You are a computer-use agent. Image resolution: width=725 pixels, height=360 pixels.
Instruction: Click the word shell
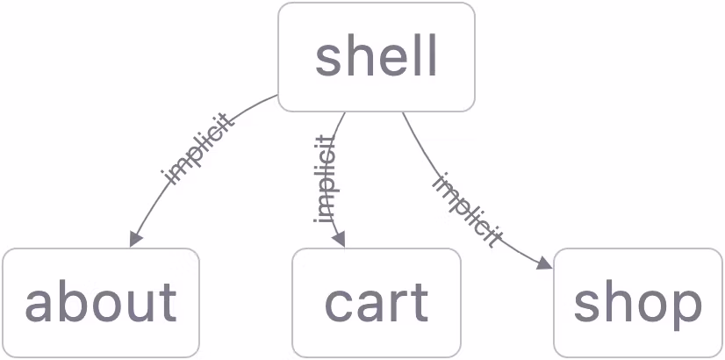pyautogui.click(x=377, y=58)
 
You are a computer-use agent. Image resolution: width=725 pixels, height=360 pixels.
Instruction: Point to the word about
pyautogui.click(x=101, y=303)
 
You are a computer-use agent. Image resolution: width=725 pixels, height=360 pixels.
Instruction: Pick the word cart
pyautogui.click(x=376, y=303)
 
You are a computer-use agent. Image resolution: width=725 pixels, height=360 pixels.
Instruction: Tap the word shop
pyautogui.click(x=638, y=303)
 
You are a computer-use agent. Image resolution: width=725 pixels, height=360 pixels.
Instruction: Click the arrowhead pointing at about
pyautogui.click(x=135, y=239)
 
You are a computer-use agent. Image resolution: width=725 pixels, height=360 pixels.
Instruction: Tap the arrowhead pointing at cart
pyautogui.click(x=340, y=240)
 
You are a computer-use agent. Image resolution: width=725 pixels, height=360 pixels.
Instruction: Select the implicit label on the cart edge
pyautogui.click(x=324, y=179)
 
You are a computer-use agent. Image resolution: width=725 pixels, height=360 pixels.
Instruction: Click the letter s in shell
pyautogui.click(x=327, y=59)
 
